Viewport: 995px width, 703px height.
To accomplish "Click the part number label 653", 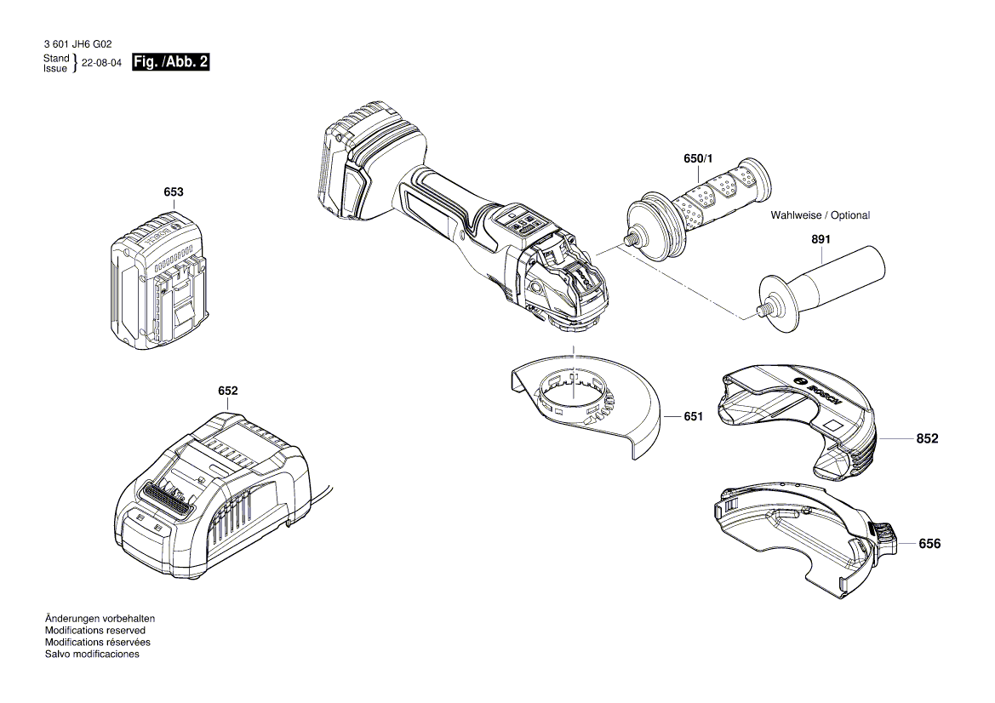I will [x=174, y=192].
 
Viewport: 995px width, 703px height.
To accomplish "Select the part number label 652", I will [x=227, y=391].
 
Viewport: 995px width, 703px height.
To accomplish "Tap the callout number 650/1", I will [x=701, y=159].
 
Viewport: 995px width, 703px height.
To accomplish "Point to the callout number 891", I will [x=821, y=241].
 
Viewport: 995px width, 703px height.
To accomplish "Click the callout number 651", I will [x=693, y=417].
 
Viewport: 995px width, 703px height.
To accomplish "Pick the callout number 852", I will [x=927, y=439].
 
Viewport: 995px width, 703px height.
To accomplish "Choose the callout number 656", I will [x=929, y=543].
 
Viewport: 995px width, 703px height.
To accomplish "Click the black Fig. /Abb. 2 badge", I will [x=171, y=63].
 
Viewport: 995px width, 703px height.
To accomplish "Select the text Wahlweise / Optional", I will [x=820, y=215].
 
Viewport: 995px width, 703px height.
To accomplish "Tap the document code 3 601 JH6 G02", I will [x=76, y=43].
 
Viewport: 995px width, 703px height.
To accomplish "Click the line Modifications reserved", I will [x=94, y=631].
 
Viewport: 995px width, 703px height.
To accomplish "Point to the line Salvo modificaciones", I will [x=92, y=654].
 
